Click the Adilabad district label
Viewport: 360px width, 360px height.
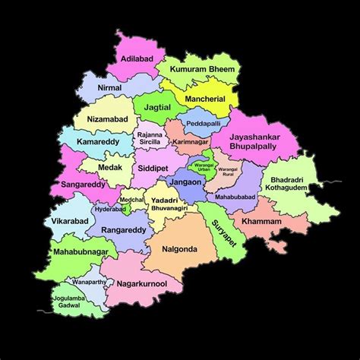point(136,57)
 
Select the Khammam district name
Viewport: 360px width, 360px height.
point(261,221)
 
